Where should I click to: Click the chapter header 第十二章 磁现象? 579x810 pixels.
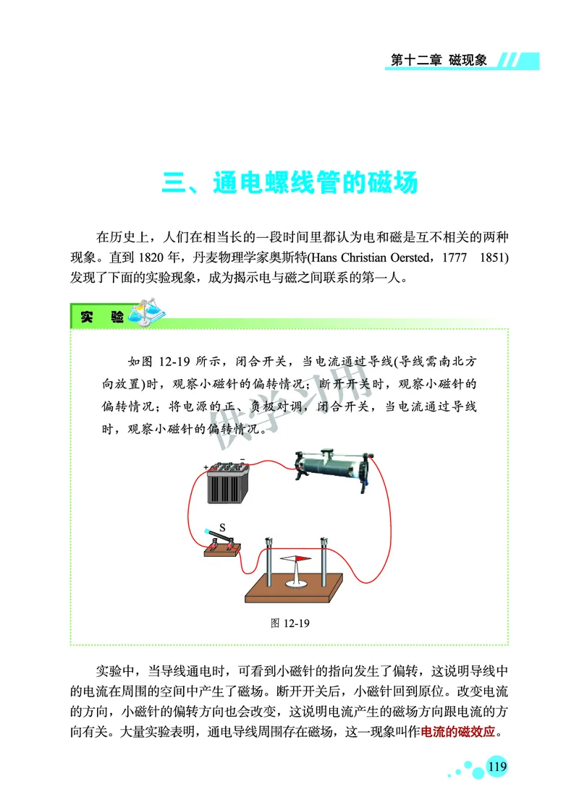click(441, 60)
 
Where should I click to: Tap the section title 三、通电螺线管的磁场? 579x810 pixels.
click(289, 182)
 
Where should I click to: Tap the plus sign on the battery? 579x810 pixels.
click(206, 467)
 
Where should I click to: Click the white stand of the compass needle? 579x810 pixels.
click(298, 579)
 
